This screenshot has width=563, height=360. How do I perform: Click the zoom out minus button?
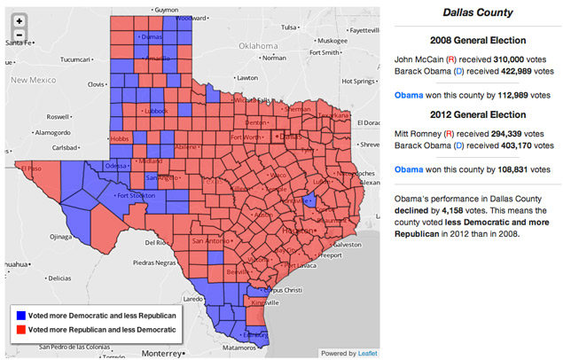[x=19, y=35]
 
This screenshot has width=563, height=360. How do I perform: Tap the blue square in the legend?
[x=20, y=316]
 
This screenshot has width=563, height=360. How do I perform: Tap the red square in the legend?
[x=20, y=330]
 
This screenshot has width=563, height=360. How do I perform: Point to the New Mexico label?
[x=35, y=80]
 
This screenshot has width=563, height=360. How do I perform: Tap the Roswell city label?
[x=59, y=116]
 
